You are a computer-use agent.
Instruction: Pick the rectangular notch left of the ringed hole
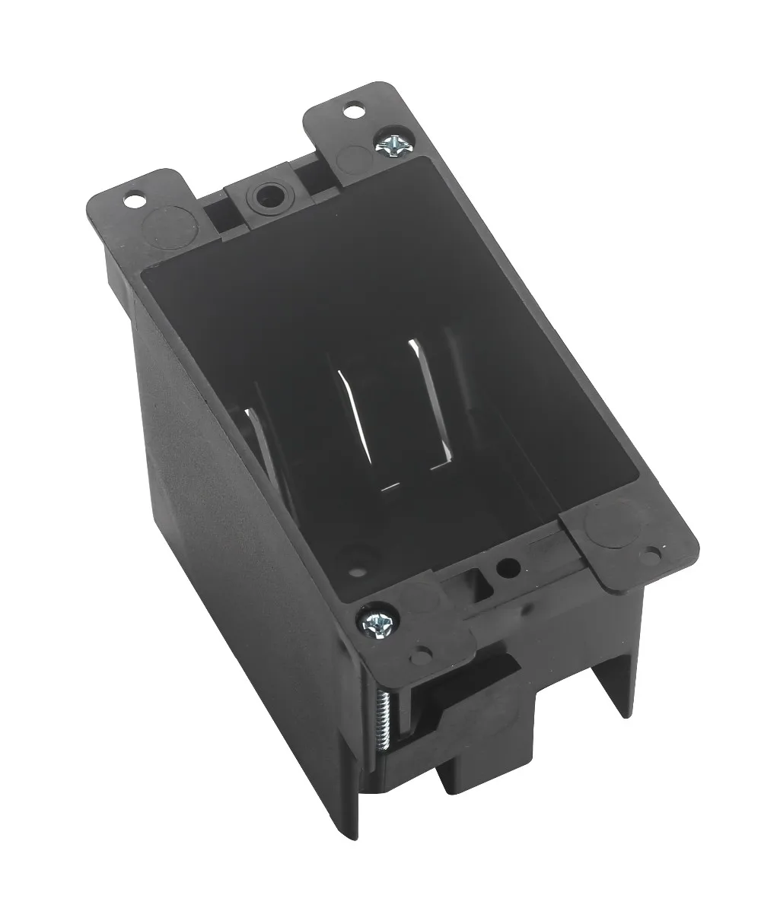(221, 209)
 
